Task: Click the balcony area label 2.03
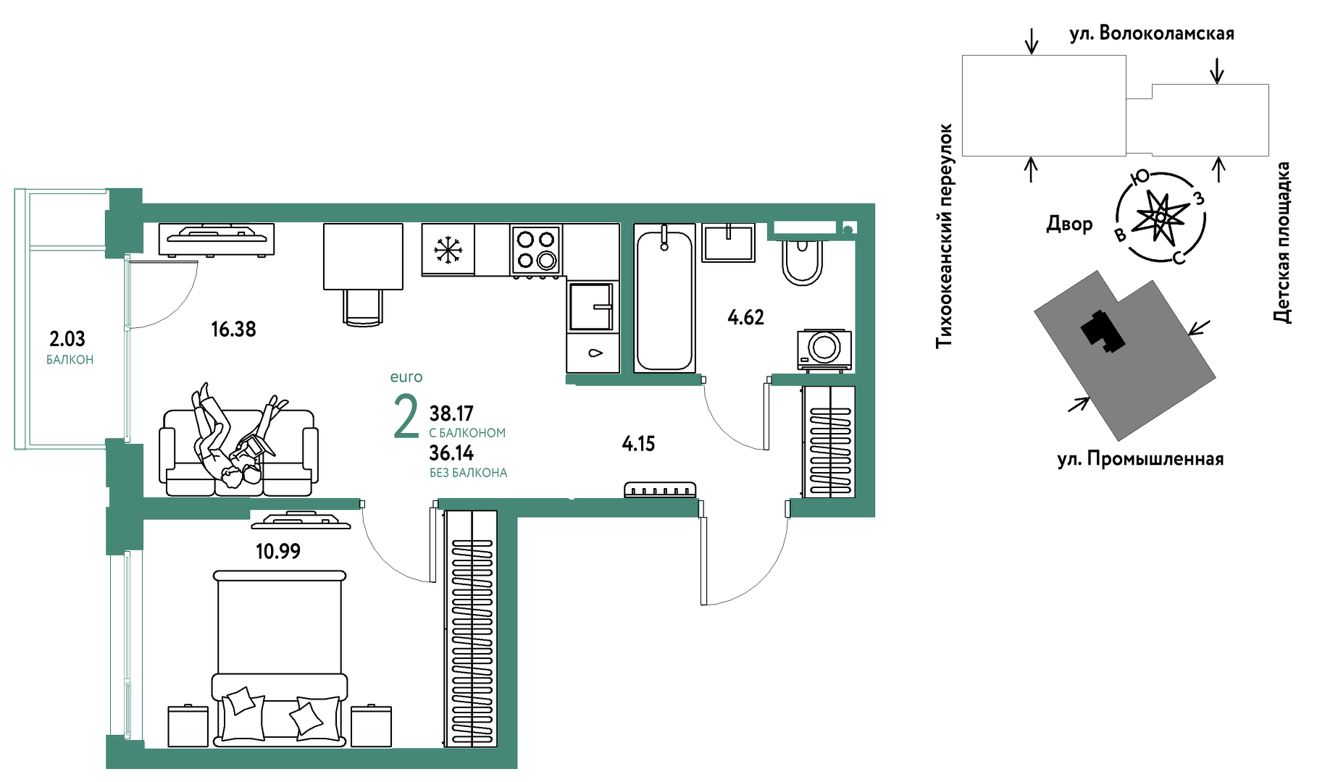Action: [67, 339]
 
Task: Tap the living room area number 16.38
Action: [233, 329]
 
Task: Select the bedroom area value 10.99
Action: [278, 552]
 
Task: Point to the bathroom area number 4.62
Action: [745, 317]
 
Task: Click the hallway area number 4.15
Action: [638, 444]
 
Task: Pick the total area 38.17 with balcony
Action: [451, 413]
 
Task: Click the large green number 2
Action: [406, 417]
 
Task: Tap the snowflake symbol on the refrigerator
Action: [448, 250]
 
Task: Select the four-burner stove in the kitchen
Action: [536, 250]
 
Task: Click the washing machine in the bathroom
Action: [824, 350]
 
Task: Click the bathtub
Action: [664, 298]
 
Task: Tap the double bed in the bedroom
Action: [280, 658]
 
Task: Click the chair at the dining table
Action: [362, 308]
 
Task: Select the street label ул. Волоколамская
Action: [1152, 33]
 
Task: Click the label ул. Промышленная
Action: [1140, 459]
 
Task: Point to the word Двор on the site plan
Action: [1069, 224]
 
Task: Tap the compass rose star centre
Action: [1161, 216]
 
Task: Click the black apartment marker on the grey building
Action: [1103, 331]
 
